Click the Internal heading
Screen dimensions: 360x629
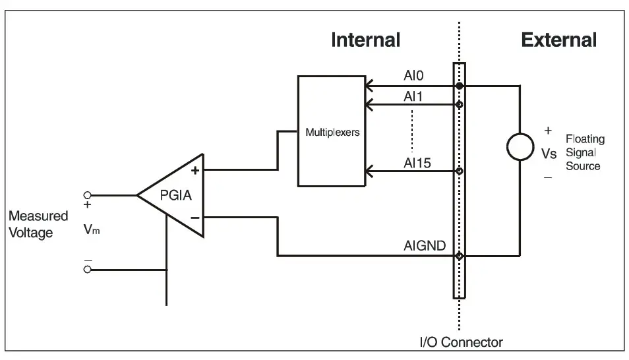pos(365,40)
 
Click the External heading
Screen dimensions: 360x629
pos(558,40)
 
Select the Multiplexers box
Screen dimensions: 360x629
pos(331,132)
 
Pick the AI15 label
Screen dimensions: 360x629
pos(417,162)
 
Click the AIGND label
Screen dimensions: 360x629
pos(424,247)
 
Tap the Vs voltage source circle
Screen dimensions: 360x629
pos(521,146)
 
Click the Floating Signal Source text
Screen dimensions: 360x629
pos(584,152)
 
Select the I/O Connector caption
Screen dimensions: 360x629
pos(462,342)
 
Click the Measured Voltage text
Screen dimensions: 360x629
pos(38,224)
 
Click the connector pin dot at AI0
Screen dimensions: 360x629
pos(460,86)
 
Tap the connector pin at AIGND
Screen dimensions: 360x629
pos(460,256)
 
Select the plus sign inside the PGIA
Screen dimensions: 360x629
pos(195,171)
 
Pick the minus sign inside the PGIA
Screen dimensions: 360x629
pos(195,218)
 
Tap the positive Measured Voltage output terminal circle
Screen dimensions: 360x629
pos(86,195)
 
